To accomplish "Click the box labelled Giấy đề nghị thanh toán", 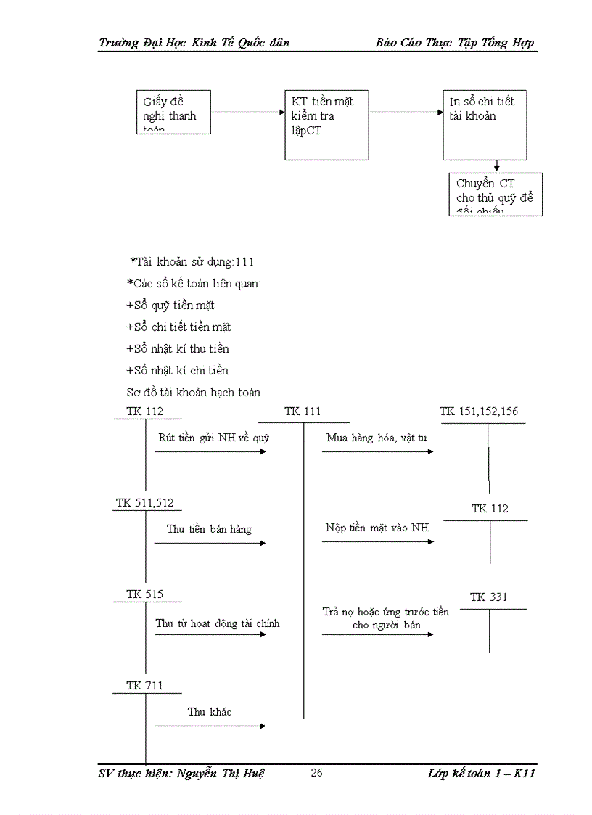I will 173,112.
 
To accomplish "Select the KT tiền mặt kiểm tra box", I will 326,124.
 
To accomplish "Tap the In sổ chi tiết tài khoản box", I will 484,124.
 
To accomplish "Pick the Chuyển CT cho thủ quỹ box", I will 496,194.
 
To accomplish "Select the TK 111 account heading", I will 303,411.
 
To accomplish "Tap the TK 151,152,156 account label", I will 479,411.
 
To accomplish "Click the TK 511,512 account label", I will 144,503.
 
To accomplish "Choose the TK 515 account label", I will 144,594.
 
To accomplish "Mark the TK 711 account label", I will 144,686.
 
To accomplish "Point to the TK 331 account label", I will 489,597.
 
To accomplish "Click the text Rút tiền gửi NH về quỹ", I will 214,437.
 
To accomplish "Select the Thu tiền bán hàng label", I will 209,529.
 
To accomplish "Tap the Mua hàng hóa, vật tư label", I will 377,437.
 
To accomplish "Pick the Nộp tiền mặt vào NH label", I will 377,528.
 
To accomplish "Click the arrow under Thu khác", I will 210,726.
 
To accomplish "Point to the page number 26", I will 316,772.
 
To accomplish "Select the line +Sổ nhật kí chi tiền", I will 177,370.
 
